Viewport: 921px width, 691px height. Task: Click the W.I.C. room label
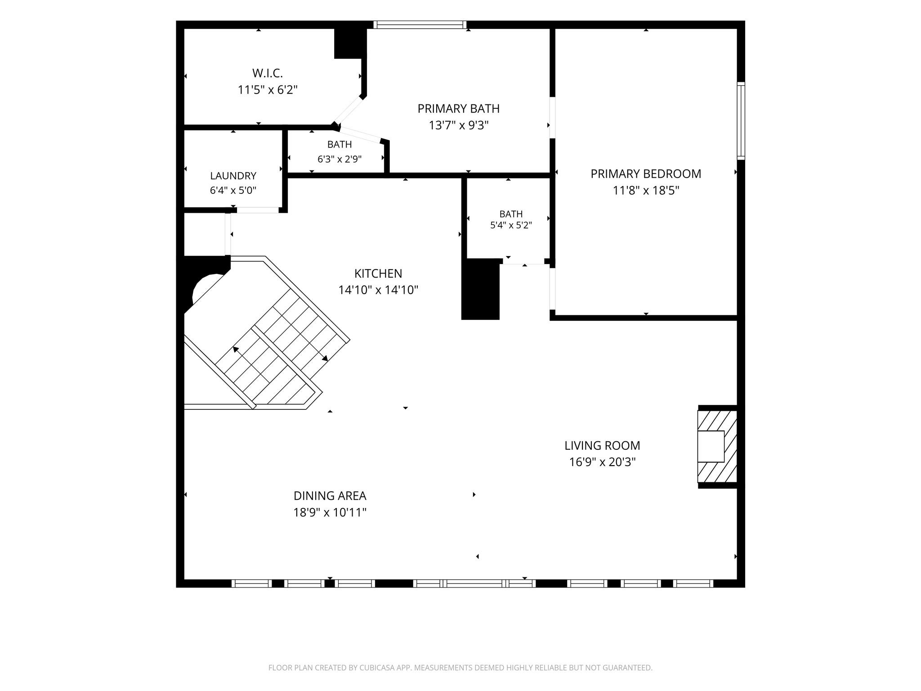(268, 73)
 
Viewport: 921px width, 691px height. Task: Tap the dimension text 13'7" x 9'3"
(459, 125)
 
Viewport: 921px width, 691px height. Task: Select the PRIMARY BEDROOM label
(646, 174)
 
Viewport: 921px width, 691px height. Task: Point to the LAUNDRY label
(233, 176)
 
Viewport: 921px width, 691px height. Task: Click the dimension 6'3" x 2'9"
(340, 159)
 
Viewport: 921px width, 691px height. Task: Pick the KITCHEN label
(378, 274)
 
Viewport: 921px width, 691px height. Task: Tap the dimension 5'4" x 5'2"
(511, 225)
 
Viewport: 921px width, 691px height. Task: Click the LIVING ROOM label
(602, 445)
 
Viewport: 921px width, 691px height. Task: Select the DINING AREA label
(330, 496)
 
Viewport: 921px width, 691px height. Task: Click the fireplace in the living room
(718, 446)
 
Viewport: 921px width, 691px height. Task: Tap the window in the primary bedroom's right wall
(741, 121)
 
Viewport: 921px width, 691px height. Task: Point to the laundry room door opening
(258, 210)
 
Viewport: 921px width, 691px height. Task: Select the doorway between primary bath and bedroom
(553, 117)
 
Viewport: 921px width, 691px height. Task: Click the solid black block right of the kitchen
(481, 290)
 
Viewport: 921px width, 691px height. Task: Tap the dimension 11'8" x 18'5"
(646, 191)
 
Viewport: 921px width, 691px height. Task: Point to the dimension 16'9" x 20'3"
(602, 462)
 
